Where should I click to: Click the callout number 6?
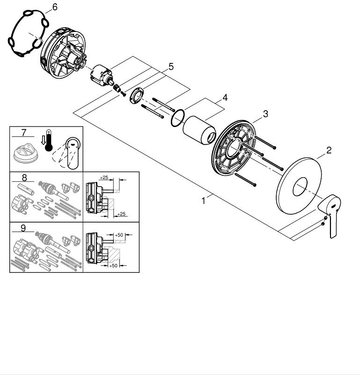[54, 7]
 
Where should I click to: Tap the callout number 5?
[171, 67]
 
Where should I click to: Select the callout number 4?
[225, 98]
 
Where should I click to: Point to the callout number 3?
[265, 113]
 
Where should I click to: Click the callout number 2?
[329, 150]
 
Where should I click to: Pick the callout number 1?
[204, 201]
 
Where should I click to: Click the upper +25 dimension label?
[104, 177]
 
